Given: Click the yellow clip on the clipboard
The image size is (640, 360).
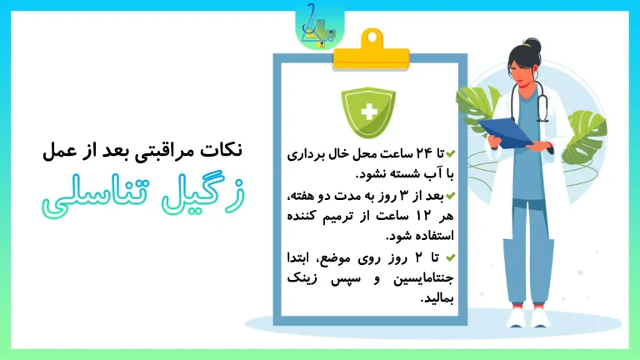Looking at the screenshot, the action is click(x=371, y=51).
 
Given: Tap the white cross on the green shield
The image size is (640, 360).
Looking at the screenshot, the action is click(x=369, y=112).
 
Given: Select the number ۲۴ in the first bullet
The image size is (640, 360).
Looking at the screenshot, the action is click(x=423, y=153).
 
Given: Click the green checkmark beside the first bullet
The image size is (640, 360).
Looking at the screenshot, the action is click(x=450, y=153).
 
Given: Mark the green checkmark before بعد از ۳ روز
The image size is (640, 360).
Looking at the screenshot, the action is click(x=450, y=196).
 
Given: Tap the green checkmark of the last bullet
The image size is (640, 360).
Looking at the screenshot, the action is click(x=450, y=257).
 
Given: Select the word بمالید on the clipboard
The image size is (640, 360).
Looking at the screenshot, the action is click(x=437, y=299).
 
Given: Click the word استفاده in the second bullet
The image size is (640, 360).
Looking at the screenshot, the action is click(x=436, y=237).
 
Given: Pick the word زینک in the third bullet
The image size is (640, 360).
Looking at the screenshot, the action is click(x=302, y=279).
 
